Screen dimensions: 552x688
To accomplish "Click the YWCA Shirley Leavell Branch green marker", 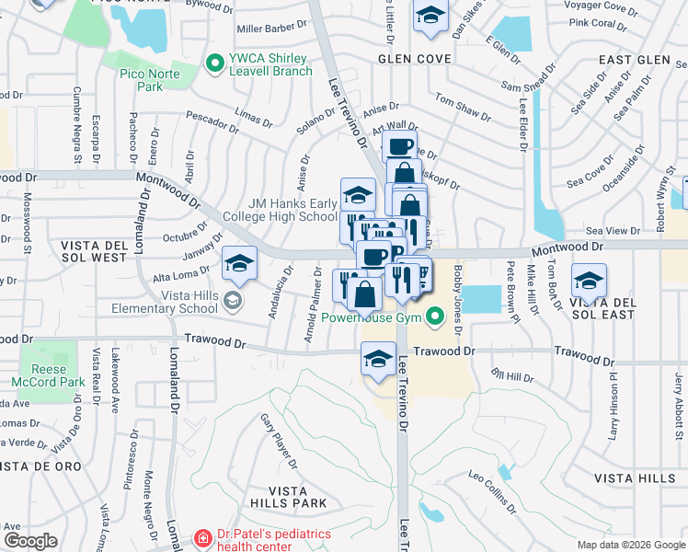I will [x=215, y=63].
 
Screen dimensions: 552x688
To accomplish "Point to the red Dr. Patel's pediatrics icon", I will [x=202, y=537].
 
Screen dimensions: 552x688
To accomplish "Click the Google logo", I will [x=30, y=541].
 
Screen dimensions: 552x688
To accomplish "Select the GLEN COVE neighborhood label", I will [x=414, y=59].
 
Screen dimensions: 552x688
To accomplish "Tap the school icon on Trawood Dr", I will [x=377, y=358].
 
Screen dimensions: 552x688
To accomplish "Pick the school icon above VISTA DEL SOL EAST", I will [x=589, y=280].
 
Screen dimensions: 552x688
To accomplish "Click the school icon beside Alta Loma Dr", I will [x=239, y=265].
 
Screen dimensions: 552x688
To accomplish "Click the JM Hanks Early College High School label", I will [x=292, y=210].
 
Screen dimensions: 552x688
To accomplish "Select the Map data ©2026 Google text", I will [x=631, y=545].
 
